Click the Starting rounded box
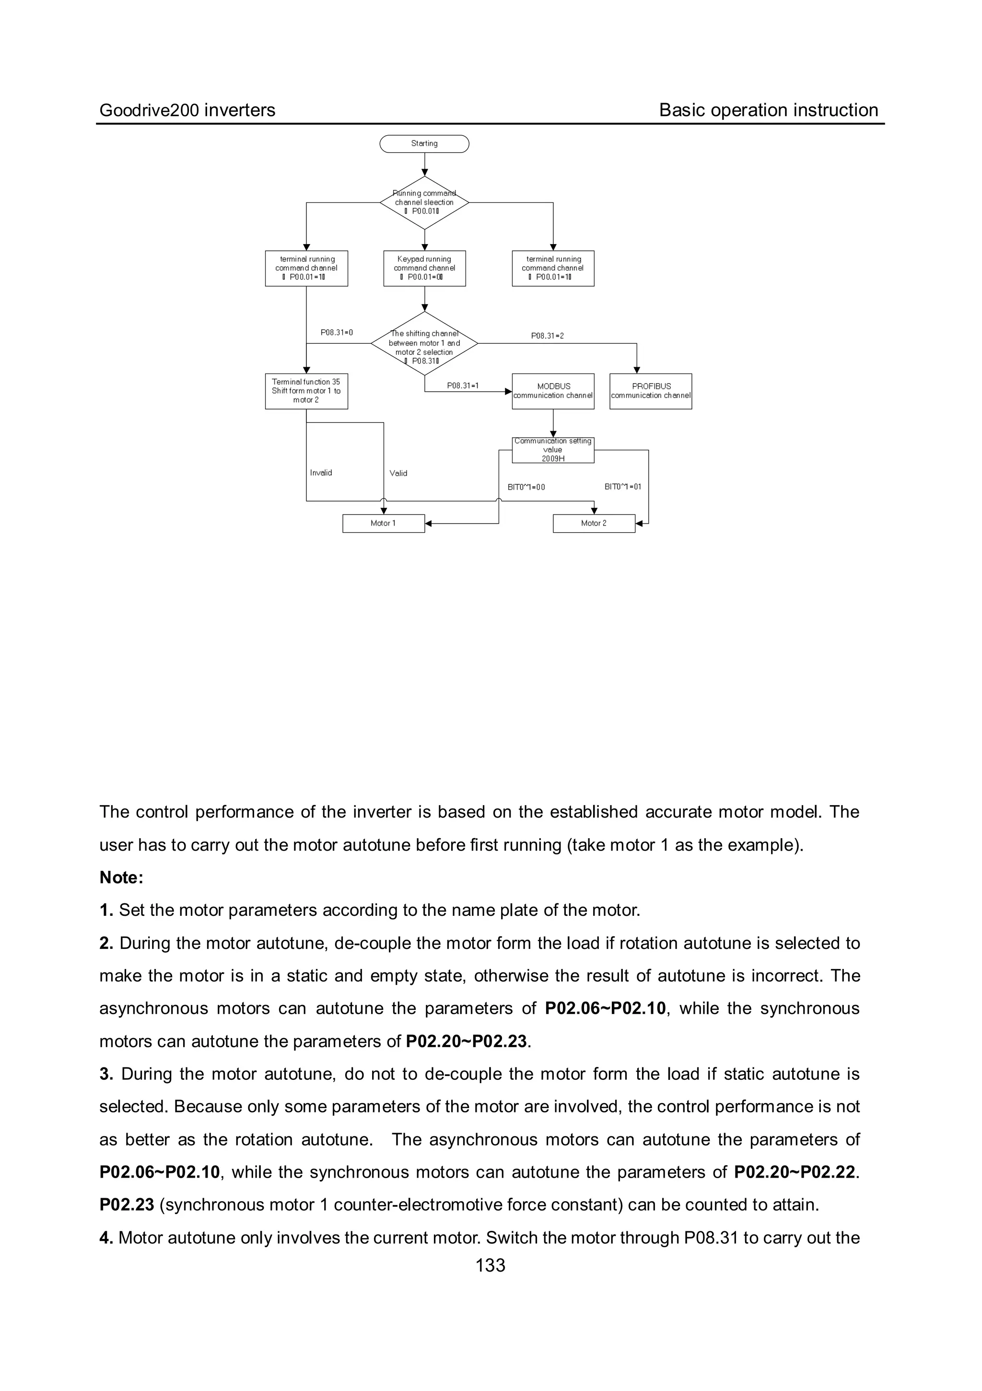(424, 143)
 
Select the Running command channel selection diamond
(424, 203)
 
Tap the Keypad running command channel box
(424, 268)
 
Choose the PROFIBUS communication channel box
(651, 391)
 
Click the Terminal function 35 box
(306, 391)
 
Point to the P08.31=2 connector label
(547, 336)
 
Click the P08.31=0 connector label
(336, 333)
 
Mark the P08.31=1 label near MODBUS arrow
(463, 386)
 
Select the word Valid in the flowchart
(398, 473)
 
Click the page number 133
(490, 1265)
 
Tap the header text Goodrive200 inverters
(187, 110)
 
